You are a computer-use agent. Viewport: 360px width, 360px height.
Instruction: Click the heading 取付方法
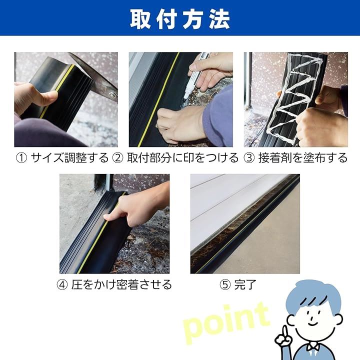point(180,19)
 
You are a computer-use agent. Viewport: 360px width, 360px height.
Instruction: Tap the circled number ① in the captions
point(21,158)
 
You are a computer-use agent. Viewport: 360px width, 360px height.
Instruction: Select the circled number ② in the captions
point(118,158)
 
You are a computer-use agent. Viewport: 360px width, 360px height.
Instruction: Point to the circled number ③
point(249,158)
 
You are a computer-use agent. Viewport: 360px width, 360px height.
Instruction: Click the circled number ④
point(62,285)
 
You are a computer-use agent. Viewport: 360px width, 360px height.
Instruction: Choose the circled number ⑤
point(225,285)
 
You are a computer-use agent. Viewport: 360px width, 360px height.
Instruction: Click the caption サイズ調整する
point(69,158)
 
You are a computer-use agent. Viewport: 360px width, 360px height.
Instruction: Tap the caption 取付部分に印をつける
point(183,158)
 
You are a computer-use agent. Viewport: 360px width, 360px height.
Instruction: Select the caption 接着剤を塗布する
point(303,158)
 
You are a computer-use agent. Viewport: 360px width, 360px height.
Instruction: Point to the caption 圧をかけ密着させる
point(121,285)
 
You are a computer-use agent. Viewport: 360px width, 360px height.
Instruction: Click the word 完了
point(245,285)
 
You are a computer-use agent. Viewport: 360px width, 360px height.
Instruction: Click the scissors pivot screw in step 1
point(112,95)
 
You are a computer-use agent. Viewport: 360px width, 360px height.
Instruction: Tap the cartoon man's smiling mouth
point(312,322)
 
